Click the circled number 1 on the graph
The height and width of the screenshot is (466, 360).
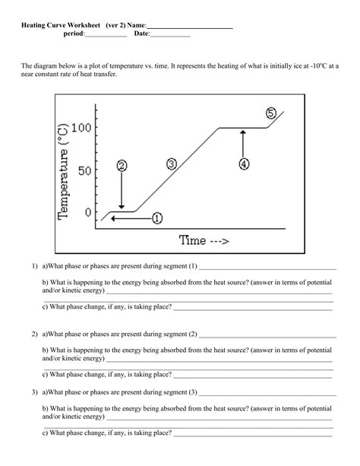click(157, 218)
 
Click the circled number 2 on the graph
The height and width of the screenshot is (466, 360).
click(122, 165)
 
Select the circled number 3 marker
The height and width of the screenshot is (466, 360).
click(172, 163)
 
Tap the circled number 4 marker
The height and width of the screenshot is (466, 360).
click(243, 163)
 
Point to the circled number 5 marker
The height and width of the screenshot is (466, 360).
click(271, 113)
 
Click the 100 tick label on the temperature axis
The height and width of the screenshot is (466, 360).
click(81, 128)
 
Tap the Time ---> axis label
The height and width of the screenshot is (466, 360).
click(204, 240)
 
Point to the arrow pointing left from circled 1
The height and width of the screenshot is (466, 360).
click(129, 218)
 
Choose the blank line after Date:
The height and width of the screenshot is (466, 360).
click(171, 35)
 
